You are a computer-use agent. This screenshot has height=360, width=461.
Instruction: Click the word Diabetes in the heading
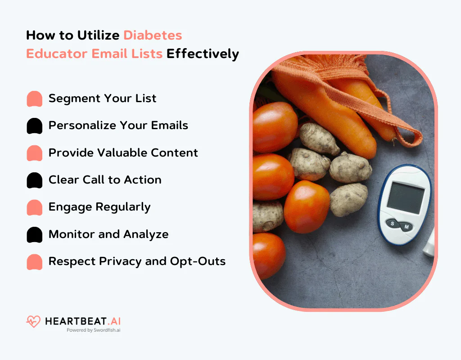point(153,35)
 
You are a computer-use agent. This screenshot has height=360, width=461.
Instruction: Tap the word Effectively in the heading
point(203,54)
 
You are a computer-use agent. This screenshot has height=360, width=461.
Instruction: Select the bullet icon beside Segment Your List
point(35,99)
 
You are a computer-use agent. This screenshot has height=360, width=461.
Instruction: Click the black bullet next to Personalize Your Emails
point(35,126)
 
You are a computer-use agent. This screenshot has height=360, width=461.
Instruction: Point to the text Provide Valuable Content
point(123,153)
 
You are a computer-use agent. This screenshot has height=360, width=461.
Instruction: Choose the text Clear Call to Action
point(104,180)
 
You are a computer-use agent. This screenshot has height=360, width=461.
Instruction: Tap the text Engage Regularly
point(99,207)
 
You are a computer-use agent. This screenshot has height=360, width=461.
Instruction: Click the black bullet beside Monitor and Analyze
point(35,234)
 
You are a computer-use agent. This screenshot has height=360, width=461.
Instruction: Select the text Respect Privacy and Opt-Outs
point(137,261)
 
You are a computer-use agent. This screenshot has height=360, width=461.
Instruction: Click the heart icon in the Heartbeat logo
point(33,321)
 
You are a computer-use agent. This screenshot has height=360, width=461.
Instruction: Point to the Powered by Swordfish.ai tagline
point(93,330)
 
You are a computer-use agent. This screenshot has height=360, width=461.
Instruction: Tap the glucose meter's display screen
point(405,198)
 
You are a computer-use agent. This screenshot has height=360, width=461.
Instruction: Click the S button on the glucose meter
point(393,224)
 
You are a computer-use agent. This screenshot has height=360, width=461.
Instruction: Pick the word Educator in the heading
point(57,54)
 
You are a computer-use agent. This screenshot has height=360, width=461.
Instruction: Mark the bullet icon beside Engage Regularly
point(35,207)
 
